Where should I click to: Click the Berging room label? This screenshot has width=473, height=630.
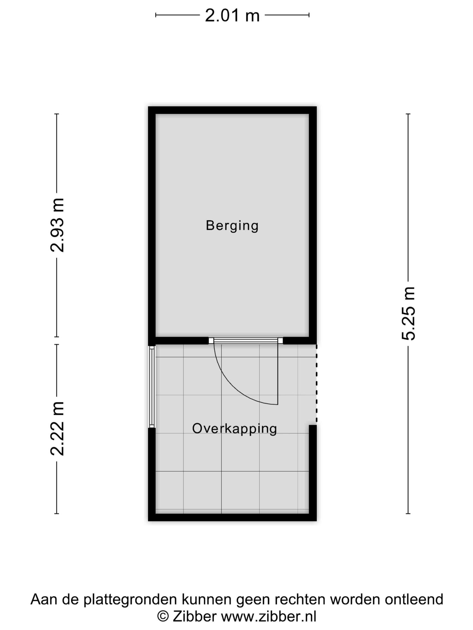tap(232, 226)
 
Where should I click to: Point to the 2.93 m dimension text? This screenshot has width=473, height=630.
tap(57, 225)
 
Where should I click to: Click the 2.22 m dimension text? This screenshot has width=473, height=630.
tap(57, 428)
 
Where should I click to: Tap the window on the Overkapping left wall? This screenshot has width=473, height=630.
tap(152, 387)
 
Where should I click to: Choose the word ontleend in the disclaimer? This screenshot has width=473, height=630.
tap(414, 600)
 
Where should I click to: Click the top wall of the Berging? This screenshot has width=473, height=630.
tap(232, 110)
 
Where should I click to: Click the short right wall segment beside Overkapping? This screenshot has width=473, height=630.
tap(313, 473)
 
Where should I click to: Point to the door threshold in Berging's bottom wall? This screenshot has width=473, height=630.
tap(246, 341)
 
